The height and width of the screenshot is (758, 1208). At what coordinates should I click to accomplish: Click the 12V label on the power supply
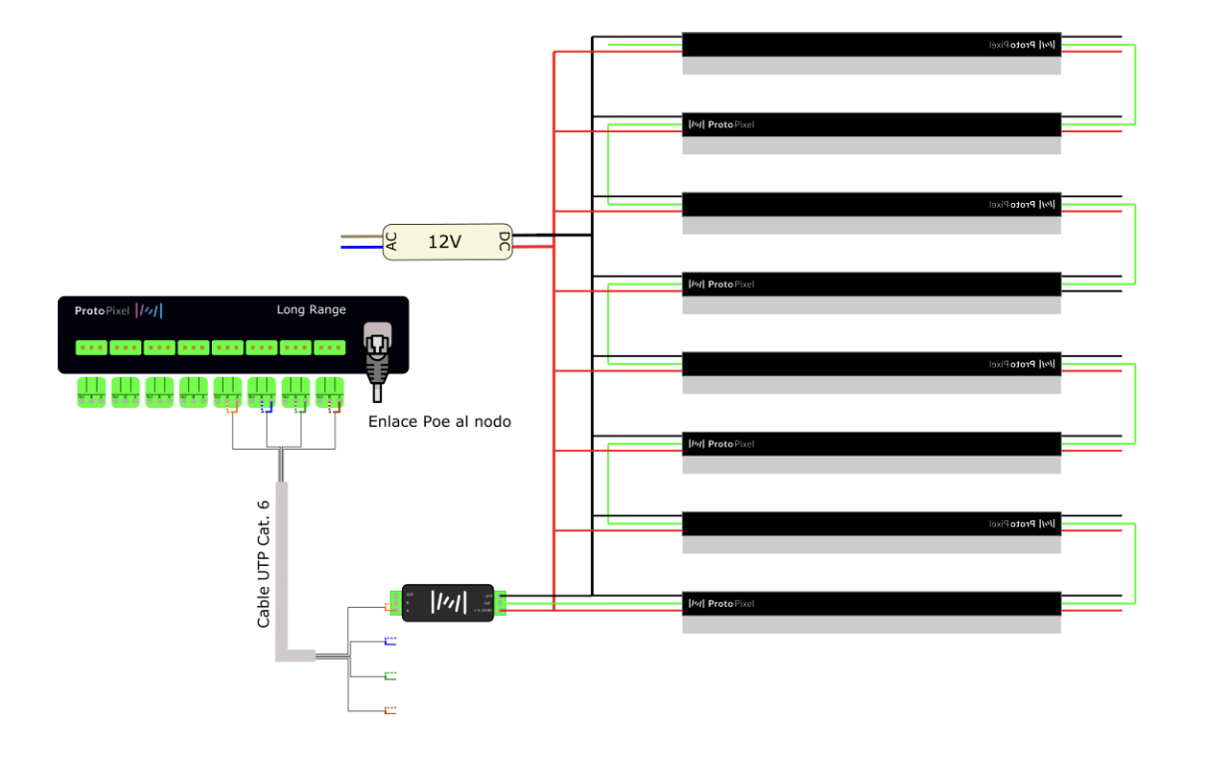[x=445, y=242]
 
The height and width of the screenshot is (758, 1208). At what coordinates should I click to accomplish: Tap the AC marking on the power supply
[x=392, y=241]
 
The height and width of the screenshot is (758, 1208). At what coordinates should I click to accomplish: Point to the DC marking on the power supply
[x=504, y=242]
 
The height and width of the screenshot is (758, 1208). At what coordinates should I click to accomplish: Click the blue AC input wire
[x=361, y=248]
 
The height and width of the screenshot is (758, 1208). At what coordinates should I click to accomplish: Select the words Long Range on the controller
[x=310, y=310]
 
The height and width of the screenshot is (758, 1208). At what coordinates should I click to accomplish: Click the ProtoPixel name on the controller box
[x=101, y=310]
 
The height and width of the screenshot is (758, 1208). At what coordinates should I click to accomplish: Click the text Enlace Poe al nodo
[x=439, y=422]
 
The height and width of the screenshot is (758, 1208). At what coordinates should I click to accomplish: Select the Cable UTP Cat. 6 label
[x=264, y=562]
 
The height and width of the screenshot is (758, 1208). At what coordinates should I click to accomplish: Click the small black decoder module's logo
[x=448, y=602]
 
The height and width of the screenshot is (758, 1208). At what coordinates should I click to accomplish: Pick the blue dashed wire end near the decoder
[x=390, y=642]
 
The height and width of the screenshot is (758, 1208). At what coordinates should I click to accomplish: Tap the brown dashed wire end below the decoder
[x=390, y=710]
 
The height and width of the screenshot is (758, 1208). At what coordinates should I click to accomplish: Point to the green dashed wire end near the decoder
[x=390, y=676]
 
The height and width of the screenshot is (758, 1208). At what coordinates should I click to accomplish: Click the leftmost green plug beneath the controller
[x=92, y=392]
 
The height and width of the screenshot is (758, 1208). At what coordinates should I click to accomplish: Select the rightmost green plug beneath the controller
[x=329, y=392]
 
